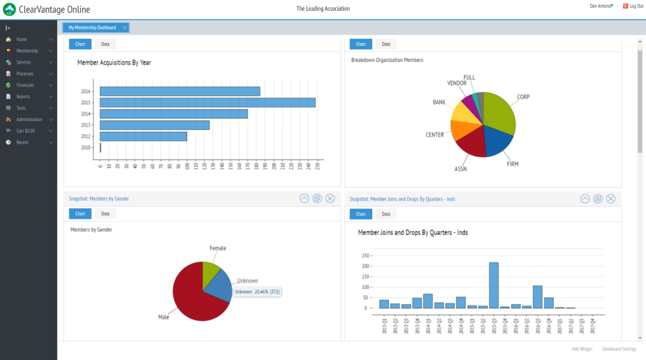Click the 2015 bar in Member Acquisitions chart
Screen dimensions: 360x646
pos(207,102)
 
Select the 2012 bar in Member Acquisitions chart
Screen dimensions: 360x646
pos(143,136)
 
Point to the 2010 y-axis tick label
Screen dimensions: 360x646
pos(85,147)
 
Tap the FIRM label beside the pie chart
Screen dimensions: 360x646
pos(512,164)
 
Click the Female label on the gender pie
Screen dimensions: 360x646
pos(217,248)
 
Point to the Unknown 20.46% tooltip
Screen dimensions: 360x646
pos(257,292)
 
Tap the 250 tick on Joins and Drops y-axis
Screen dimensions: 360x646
pos(366,256)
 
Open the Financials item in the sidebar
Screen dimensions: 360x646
pos(26,85)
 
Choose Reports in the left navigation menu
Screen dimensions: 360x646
pos(23,97)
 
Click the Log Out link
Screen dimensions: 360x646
pos(636,6)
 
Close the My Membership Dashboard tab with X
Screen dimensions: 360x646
pos(124,28)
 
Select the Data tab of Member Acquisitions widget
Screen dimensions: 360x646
pos(105,44)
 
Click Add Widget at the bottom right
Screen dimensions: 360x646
pos(581,349)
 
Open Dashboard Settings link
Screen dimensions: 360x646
pos(619,349)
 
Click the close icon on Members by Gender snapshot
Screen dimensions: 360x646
pos(330,199)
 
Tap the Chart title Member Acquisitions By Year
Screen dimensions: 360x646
pos(114,63)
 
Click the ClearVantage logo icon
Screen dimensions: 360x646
pos(9,9)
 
